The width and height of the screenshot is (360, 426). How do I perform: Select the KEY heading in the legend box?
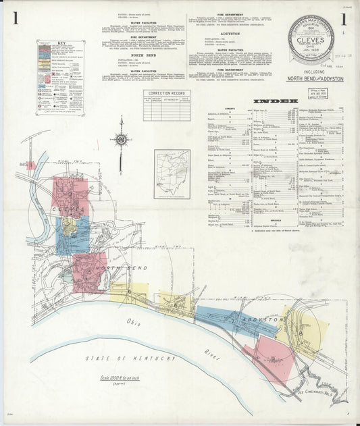click(x=60, y=43)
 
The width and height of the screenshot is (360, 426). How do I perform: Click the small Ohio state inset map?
click(x=172, y=174)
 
